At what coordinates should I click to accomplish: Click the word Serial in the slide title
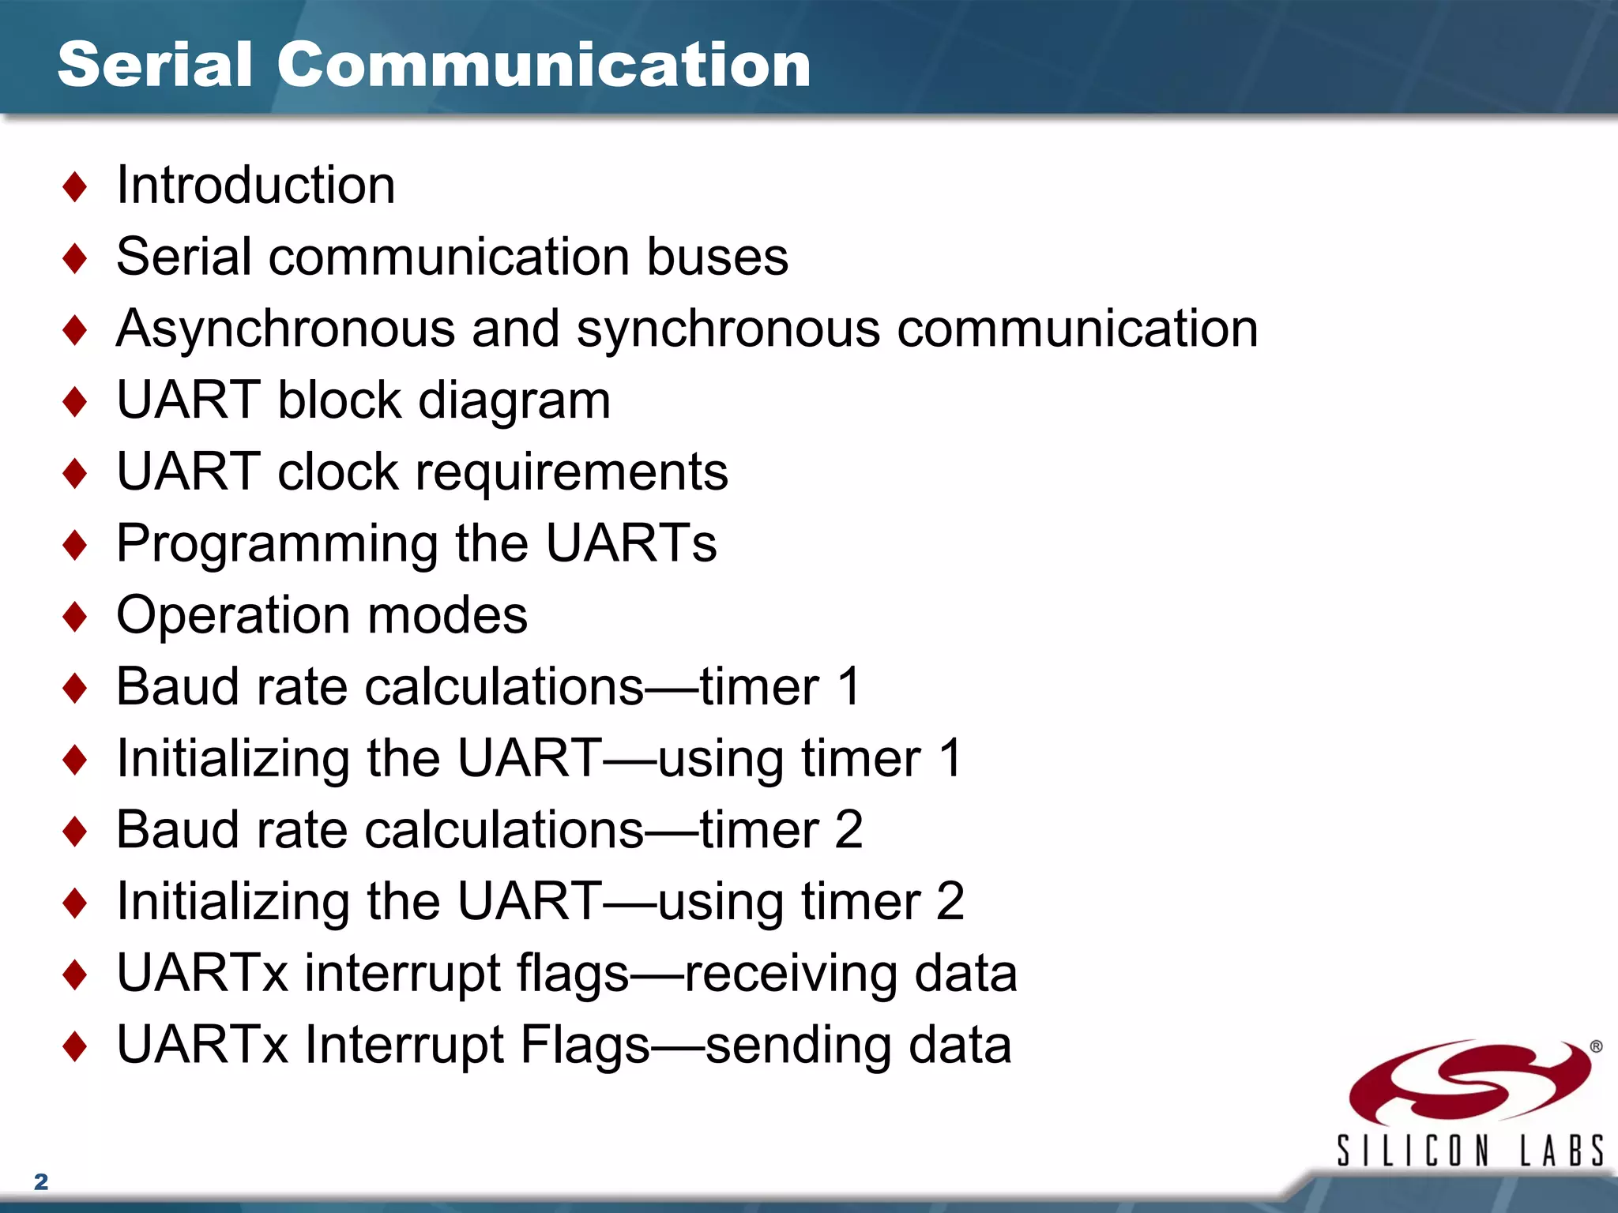(x=155, y=65)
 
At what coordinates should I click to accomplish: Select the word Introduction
(x=255, y=186)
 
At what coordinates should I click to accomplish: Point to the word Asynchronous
(x=285, y=330)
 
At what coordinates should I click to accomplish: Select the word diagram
(x=514, y=401)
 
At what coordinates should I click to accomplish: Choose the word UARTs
(x=631, y=543)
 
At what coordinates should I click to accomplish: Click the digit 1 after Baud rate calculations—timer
(x=849, y=686)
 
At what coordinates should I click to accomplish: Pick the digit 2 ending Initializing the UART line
(x=950, y=902)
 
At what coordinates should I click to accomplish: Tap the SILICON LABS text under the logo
(x=1469, y=1151)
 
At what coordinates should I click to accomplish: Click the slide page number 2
(x=41, y=1181)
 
